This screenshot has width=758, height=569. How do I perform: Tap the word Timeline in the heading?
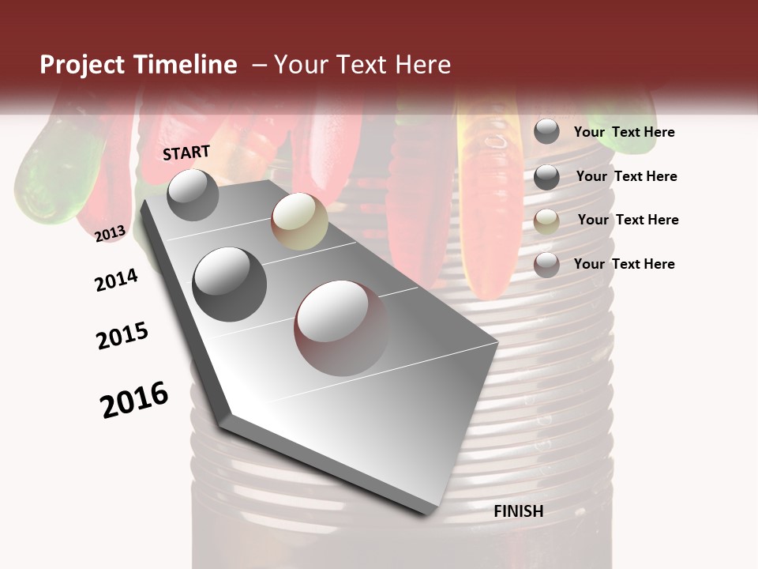[x=186, y=65]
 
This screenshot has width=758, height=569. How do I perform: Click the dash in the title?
[x=258, y=65]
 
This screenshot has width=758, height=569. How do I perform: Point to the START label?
[x=186, y=153]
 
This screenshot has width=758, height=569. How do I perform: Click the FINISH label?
[x=519, y=511]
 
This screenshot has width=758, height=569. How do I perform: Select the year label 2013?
[x=110, y=234]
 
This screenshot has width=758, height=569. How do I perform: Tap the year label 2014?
[x=116, y=280]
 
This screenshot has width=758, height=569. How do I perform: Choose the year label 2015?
[x=122, y=336]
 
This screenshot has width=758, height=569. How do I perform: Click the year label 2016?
[x=134, y=400]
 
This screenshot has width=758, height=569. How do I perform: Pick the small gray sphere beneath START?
[x=193, y=194]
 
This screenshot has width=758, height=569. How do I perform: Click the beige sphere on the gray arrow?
[x=299, y=221]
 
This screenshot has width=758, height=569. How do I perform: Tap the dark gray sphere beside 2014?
[x=230, y=284]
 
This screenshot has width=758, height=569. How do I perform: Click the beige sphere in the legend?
[x=546, y=221]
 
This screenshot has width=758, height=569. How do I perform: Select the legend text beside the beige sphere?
[x=628, y=220]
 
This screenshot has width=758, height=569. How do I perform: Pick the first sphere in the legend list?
[x=546, y=132]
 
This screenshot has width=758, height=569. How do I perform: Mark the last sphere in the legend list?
[x=546, y=265]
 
